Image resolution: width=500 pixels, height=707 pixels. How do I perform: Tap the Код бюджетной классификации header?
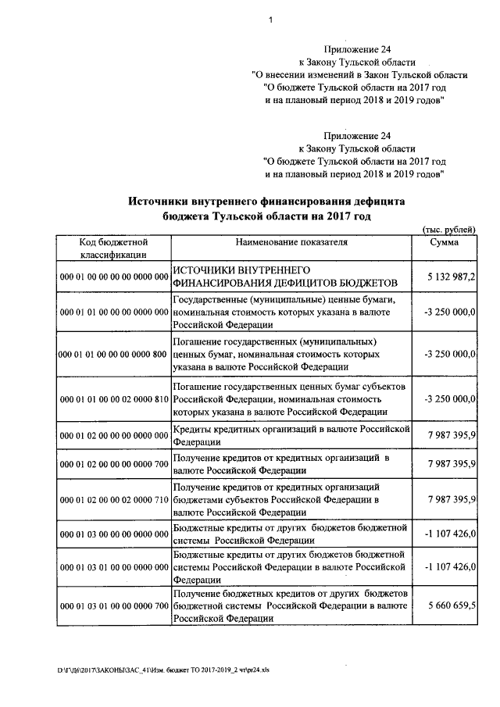tap(113, 248)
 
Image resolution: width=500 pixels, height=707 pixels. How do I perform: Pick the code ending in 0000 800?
tap(113, 354)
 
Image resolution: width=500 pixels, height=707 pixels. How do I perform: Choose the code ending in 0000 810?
tap(113, 399)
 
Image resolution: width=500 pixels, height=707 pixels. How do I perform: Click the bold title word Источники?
tap(162, 200)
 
